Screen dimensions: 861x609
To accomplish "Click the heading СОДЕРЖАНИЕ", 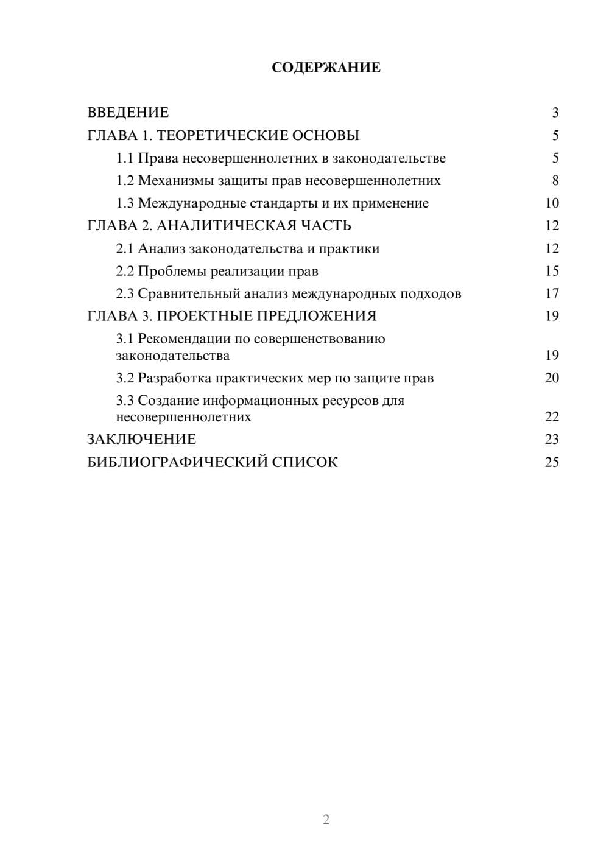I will [x=326, y=68].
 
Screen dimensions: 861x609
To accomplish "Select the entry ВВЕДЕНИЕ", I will [x=128, y=113].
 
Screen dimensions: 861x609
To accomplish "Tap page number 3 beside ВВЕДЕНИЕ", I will [x=555, y=113].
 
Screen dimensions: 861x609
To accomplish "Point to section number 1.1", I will [x=124, y=158].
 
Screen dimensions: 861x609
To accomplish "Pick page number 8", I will [x=555, y=181].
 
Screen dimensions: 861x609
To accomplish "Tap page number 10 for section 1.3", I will [x=552, y=203].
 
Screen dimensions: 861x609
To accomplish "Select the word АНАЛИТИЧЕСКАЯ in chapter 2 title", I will [x=224, y=226].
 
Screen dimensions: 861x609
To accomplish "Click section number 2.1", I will [x=124, y=248].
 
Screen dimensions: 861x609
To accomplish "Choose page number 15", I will [x=552, y=271].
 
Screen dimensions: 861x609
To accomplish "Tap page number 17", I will [x=552, y=293].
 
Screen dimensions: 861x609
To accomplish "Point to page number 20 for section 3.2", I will [x=552, y=378].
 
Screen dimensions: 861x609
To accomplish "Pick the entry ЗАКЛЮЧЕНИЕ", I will [x=141, y=440].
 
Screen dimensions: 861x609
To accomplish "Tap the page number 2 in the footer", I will [x=326, y=820].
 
